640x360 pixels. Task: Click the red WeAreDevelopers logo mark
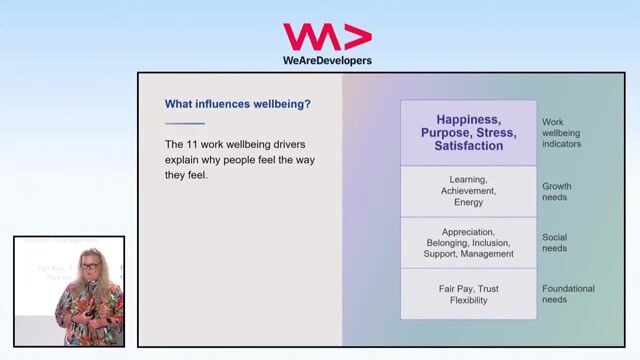point(327,38)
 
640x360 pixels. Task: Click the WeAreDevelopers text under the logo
point(327,60)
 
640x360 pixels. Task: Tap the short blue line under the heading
point(184,123)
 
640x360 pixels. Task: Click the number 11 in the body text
point(195,144)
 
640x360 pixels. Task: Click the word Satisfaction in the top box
point(468,146)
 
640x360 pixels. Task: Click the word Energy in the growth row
point(468,202)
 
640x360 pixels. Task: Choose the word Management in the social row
point(488,254)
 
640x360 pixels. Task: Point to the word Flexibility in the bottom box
point(468,301)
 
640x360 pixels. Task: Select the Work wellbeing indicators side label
point(561,133)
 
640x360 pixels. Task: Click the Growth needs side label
point(556,191)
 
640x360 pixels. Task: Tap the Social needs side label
point(554,242)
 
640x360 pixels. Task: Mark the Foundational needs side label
point(568,295)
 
